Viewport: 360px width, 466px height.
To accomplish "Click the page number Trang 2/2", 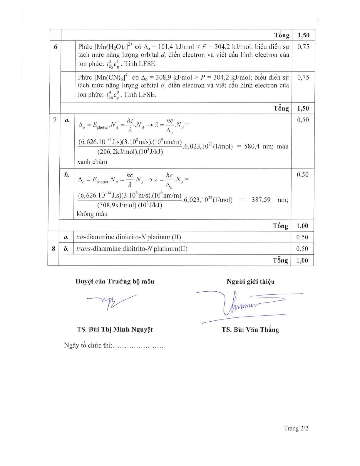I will (x=296, y=428).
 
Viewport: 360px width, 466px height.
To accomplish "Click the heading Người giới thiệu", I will (x=250, y=282).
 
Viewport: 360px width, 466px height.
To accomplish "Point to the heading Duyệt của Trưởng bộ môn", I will (x=115, y=281).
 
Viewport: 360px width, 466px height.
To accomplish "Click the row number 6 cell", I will (x=55, y=47).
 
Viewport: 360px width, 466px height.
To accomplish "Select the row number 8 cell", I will (x=53, y=249).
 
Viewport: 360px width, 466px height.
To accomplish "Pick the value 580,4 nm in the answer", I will (x=255, y=146).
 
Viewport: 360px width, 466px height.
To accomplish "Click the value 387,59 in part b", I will (x=261, y=200).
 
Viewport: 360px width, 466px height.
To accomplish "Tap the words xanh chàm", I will (x=92, y=162).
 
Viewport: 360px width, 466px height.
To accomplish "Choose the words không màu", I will (x=92, y=214).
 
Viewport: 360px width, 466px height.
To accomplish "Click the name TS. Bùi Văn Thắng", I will (x=250, y=330).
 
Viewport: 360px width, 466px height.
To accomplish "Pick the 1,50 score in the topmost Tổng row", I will (x=303, y=36).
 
